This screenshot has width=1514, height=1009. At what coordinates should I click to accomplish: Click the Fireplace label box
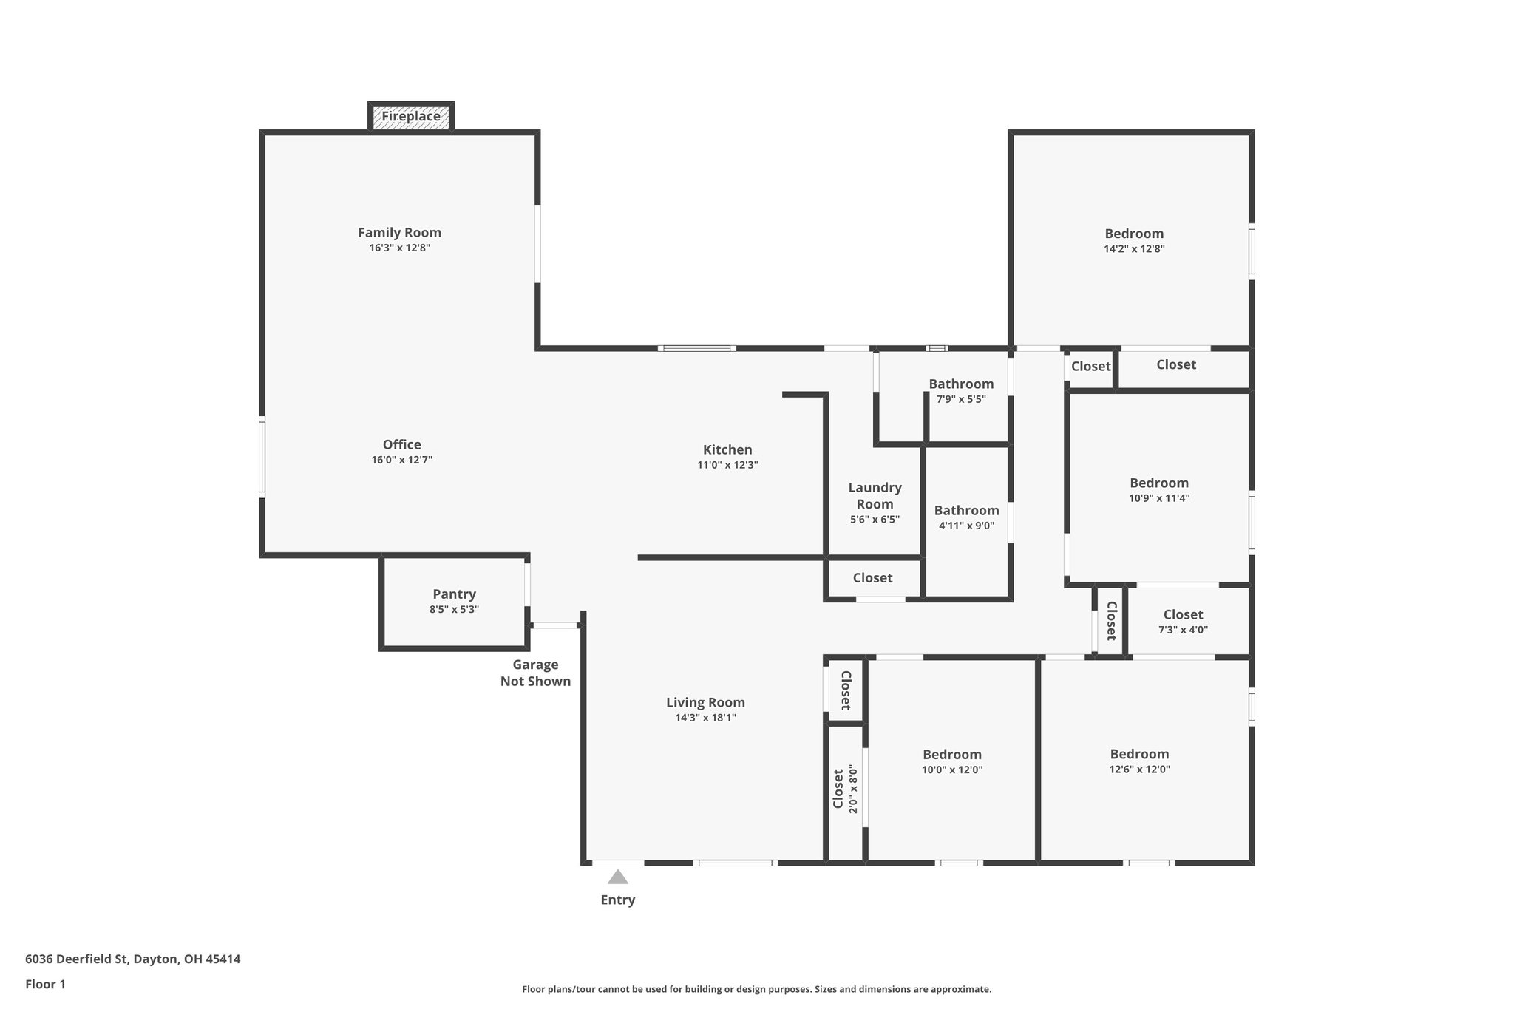(x=411, y=117)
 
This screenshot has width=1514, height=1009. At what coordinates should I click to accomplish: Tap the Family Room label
(x=399, y=233)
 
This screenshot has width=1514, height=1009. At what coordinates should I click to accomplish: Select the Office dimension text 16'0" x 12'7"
(x=401, y=460)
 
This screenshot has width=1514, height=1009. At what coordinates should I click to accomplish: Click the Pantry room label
(x=454, y=594)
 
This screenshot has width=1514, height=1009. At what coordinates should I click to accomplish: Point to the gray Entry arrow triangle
(x=618, y=877)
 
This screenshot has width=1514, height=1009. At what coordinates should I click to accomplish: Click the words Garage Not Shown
(x=535, y=673)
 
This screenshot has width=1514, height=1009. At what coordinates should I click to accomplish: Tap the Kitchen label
(x=727, y=449)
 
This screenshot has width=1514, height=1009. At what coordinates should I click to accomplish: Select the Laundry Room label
(x=875, y=495)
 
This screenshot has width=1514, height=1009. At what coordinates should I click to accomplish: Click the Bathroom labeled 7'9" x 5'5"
(x=961, y=384)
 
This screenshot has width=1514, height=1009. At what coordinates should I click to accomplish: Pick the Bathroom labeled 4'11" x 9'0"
(x=966, y=511)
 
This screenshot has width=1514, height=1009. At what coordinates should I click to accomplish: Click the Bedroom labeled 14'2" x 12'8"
(x=1134, y=234)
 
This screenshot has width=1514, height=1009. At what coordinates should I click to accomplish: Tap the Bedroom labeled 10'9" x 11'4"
(x=1159, y=483)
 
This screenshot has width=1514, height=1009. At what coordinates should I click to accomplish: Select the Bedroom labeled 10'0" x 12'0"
(x=952, y=755)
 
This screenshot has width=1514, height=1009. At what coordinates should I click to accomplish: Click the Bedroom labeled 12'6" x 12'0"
(x=1139, y=754)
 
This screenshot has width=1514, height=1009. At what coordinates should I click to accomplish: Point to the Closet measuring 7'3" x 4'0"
(x=1183, y=615)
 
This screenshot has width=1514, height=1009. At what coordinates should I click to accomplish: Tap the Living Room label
(x=705, y=703)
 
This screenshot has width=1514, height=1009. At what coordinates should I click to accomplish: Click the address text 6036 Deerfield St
(x=78, y=959)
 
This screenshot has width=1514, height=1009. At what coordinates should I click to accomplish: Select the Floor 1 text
(x=45, y=984)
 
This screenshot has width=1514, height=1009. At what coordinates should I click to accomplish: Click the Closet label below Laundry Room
(x=872, y=578)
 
